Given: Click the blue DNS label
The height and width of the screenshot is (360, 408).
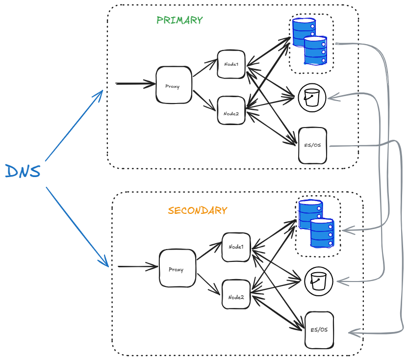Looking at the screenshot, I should tap(23, 172).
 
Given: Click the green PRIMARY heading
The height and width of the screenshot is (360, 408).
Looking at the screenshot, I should tap(179, 20).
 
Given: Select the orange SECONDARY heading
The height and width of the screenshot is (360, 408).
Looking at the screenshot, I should tap(197, 210).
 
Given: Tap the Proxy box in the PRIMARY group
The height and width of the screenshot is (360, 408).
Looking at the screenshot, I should tap(174, 85).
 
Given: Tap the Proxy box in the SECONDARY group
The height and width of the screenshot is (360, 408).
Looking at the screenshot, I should tap(177, 268).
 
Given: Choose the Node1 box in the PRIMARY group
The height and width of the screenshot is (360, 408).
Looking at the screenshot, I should tap(231, 64).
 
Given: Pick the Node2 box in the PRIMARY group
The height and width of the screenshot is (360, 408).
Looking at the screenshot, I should tap(231, 110).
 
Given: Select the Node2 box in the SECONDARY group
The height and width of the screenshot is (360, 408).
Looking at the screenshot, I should tap(236, 294).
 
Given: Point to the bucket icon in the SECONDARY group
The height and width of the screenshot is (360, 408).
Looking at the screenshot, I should tap(319, 282).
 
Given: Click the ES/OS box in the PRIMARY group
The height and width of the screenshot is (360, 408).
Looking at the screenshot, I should tap(312, 145).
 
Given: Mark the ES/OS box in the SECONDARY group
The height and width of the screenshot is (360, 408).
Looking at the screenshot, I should tap(319, 330).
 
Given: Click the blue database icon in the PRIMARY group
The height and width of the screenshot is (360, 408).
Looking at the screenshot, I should tap(309, 41).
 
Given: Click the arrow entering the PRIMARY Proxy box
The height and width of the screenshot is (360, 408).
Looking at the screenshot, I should tap(135, 84).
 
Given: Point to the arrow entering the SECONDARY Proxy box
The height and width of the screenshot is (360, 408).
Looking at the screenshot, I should tap(138, 267).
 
